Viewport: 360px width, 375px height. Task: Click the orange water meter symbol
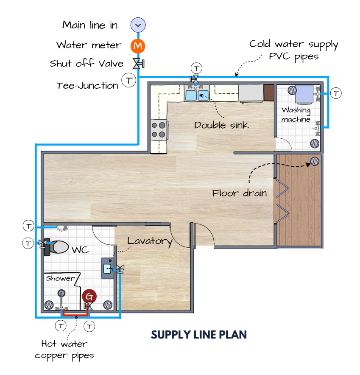[x=138, y=46]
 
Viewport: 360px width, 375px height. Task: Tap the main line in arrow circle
[x=138, y=25]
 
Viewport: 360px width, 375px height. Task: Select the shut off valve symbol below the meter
[x=138, y=64]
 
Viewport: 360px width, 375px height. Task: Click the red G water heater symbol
[x=89, y=297]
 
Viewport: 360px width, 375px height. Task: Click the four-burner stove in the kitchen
[x=159, y=129]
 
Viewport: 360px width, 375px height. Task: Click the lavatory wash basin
[x=108, y=269]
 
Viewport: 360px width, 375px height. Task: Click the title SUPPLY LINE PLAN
[x=199, y=335]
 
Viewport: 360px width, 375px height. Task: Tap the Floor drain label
[x=239, y=193]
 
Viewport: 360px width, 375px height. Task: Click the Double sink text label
[x=221, y=125]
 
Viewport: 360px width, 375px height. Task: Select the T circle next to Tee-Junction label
[x=129, y=80]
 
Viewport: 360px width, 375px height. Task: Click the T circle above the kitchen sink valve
[x=196, y=68]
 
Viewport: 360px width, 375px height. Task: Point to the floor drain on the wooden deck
[x=315, y=162]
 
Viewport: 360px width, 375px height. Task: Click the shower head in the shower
[x=61, y=293]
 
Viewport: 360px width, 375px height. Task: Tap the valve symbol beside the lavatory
[x=120, y=269]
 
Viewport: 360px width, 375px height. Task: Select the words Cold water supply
[x=294, y=45]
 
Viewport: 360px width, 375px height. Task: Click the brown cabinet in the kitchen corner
[x=269, y=92]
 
